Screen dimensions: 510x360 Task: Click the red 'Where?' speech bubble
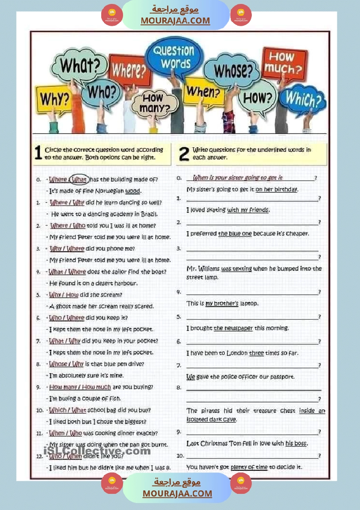pos(129,70)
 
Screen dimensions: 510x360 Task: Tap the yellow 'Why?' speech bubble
pos(55,99)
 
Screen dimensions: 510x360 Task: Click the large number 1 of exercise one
pos(38,153)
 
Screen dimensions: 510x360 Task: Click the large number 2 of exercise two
pos(184,153)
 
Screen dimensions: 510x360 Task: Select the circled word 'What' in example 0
pos(79,179)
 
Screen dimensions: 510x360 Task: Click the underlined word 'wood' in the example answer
pos(133,191)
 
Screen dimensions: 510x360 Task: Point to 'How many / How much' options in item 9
pos(80,387)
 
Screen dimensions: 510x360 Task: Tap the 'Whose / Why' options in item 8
pos(66,364)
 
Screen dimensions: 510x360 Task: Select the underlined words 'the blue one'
pos(235,234)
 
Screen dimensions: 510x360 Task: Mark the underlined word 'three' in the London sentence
pos(256,353)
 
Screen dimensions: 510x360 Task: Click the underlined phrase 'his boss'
pos(296,444)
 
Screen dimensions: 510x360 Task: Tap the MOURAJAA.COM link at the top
pos(175,21)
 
